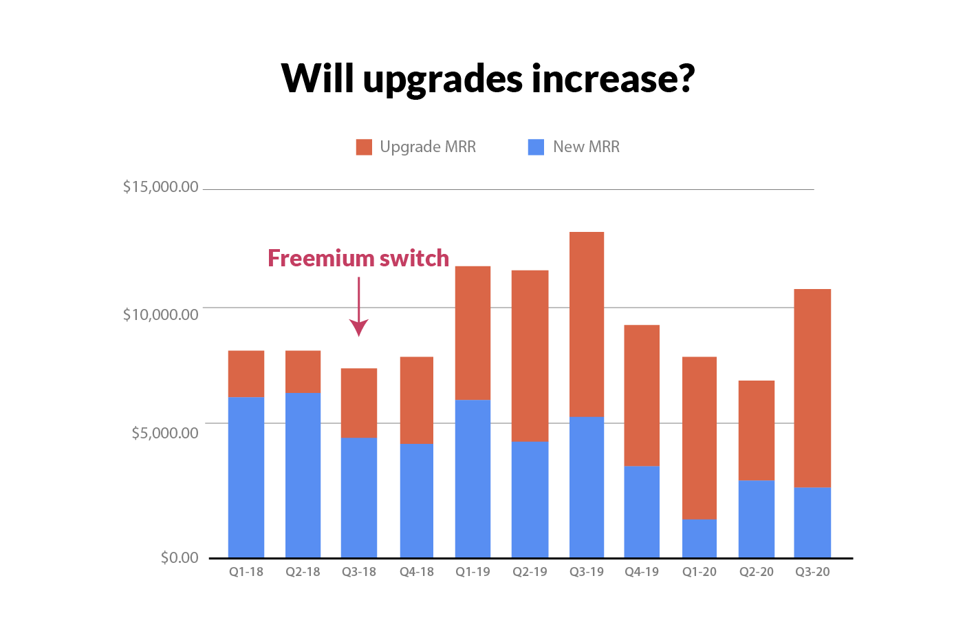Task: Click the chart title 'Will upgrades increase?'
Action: coord(488,78)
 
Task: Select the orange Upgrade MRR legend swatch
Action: coord(364,147)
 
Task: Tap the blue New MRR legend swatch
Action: coord(536,147)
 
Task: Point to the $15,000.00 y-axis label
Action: coord(160,187)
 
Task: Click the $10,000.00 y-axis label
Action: coord(160,314)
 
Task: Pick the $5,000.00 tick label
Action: coord(164,433)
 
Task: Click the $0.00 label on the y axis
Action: coord(180,557)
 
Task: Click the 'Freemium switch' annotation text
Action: coord(358,258)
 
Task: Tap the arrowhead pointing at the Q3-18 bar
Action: coord(359,328)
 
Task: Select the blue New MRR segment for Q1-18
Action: coord(246,477)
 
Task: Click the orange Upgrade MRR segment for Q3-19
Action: coord(587,324)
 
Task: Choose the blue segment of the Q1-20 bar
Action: coord(699,538)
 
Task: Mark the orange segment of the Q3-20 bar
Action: coord(812,388)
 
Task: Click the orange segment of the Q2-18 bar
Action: coord(303,372)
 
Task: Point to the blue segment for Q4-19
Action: coord(642,511)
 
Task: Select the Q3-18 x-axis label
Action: coord(359,572)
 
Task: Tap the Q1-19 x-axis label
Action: coord(473,572)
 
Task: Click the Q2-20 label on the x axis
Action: coord(756,572)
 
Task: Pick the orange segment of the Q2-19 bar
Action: coord(530,356)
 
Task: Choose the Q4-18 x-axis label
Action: coord(416,572)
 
